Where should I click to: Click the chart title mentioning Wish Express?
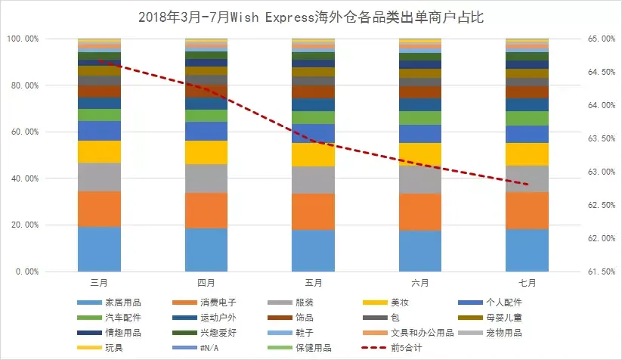pyautogui.click(x=311, y=17)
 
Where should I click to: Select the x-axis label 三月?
pyautogui.click(x=99, y=283)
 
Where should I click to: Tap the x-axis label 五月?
pyautogui.click(x=314, y=283)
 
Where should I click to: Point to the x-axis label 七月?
pyautogui.click(x=528, y=283)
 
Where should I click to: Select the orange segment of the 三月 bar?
pyautogui.click(x=99, y=209)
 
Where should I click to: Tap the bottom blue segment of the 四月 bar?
pyautogui.click(x=206, y=250)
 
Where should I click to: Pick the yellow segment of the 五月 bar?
pyautogui.click(x=314, y=154)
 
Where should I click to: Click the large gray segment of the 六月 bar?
pyautogui.click(x=420, y=179)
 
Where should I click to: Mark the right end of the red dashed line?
pyautogui.click(x=527, y=185)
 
